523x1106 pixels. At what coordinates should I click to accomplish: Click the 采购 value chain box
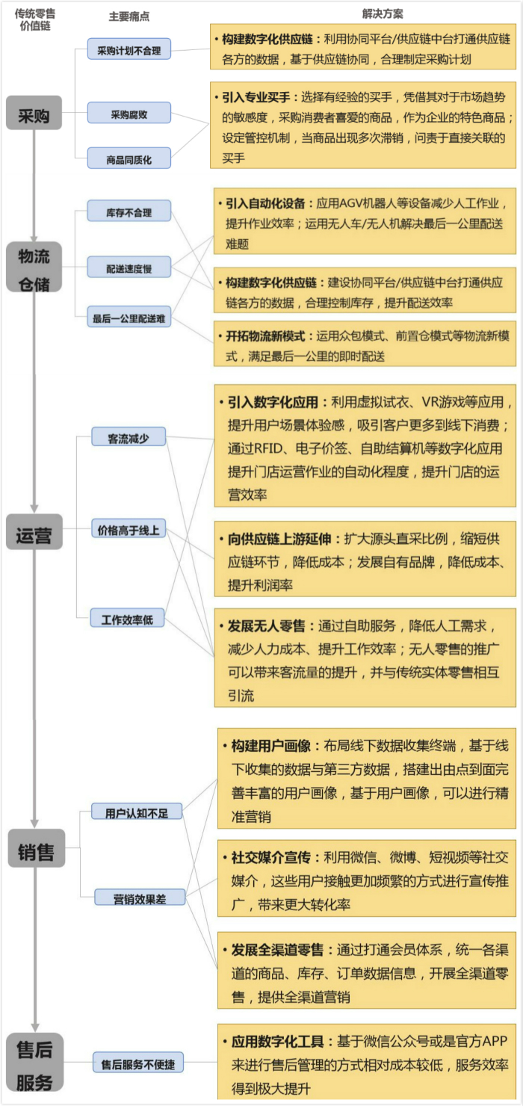click(x=34, y=113)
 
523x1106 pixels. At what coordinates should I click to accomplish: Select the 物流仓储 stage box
click(x=34, y=267)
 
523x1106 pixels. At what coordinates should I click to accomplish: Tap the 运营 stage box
click(x=34, y=532)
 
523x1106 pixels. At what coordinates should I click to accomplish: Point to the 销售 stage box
click(x=36, y=848)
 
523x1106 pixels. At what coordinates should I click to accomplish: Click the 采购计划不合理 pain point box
click(x=129, y=49)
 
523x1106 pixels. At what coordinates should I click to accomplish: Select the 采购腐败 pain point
click(x=129, y=113)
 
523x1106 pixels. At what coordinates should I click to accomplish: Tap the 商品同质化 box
click(x=129, y=158)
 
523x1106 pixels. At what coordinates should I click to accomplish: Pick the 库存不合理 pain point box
click(x=129, y=211)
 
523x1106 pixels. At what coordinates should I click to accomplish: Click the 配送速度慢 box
click(x=129, y=267)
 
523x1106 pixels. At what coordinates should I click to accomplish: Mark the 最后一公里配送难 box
click(x=129, y=317)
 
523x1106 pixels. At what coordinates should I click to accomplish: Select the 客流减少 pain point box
click(x=129, y=437)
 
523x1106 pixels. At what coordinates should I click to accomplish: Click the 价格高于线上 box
click(x=129, y=528)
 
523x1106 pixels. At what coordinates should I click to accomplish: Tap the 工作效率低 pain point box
click(x=127, y=618)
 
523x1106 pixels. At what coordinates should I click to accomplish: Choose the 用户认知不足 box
click(x=137, y=812)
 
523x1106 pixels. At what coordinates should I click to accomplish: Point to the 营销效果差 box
click(x=140, y=898)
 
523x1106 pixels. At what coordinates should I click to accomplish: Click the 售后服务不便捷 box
click(x=138, y=1063)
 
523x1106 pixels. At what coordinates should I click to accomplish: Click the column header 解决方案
click(x=383, y=13)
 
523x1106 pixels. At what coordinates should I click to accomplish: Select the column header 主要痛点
click(x=129, y=16)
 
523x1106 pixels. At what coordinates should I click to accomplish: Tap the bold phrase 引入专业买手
click(x=256, y=97)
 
